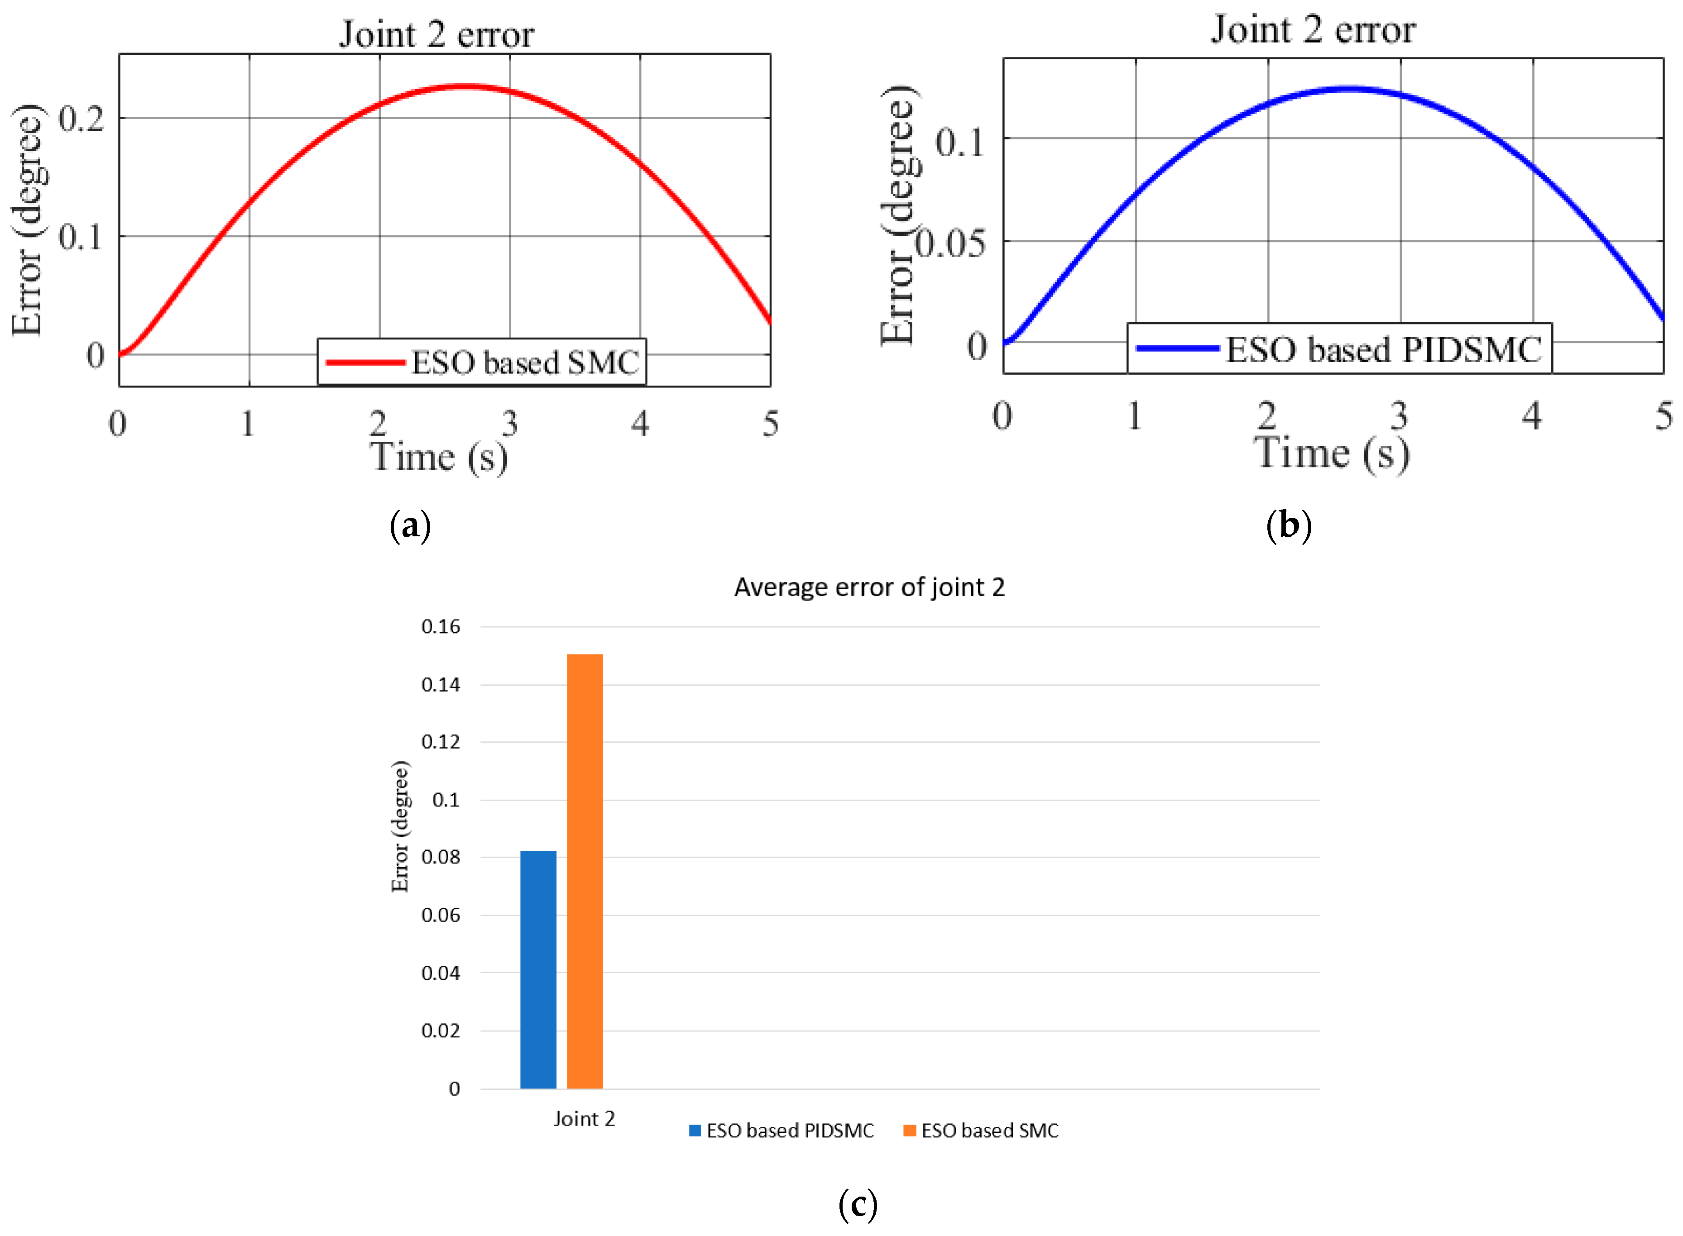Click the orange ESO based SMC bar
(x=585, y=872)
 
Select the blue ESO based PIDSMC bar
(x=538, y=969)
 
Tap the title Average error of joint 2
(x=869, y=587)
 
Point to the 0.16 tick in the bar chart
(x=440, y=627)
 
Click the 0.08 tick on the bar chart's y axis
(x=440, y=858)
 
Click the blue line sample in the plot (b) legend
(x=1177, y=348)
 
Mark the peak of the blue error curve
(x=1347, y=89)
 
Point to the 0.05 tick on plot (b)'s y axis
(x=950, y=243)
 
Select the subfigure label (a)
(x=410, y=526)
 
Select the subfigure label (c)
(x=858, y=1205)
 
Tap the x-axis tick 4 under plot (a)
(x=639, y=424)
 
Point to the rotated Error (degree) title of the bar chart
(x=400, y=827)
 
